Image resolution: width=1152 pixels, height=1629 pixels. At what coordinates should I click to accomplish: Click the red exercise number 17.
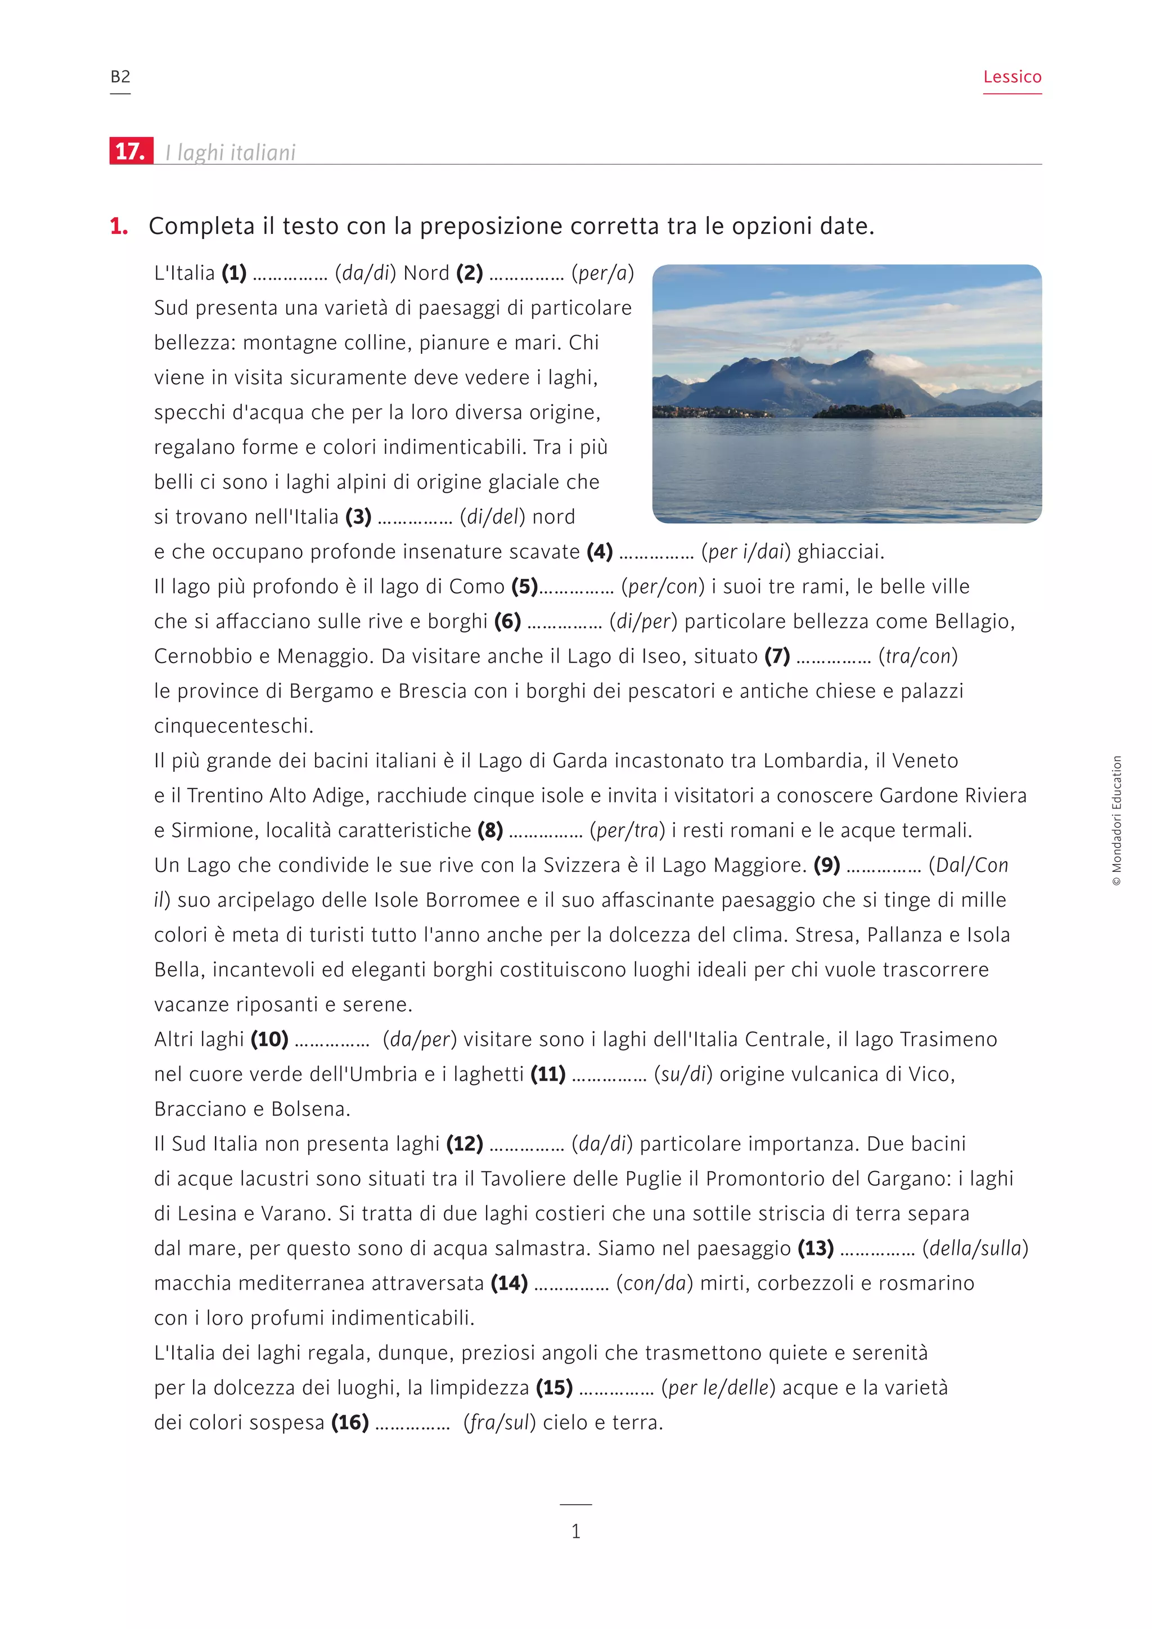(x=130, y=151)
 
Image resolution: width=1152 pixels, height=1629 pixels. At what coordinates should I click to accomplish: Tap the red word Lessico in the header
(x=1011, y=76)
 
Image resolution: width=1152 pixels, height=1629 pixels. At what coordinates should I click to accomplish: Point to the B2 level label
(x=120, y=76)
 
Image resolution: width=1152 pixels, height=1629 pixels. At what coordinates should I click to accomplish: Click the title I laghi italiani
(x=230, y=152)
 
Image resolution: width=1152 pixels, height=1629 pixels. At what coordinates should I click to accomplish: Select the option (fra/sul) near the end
(x=499, y=1423)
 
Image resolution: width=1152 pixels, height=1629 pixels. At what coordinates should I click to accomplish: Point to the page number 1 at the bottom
(x=576, y=1531)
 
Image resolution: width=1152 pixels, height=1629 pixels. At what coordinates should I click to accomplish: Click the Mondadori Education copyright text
(x=1117, y=820)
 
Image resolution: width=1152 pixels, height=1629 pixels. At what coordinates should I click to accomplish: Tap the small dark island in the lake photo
(x=858, y=411)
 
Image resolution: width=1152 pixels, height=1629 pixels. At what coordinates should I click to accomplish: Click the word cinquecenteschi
(x=233, y=726)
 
